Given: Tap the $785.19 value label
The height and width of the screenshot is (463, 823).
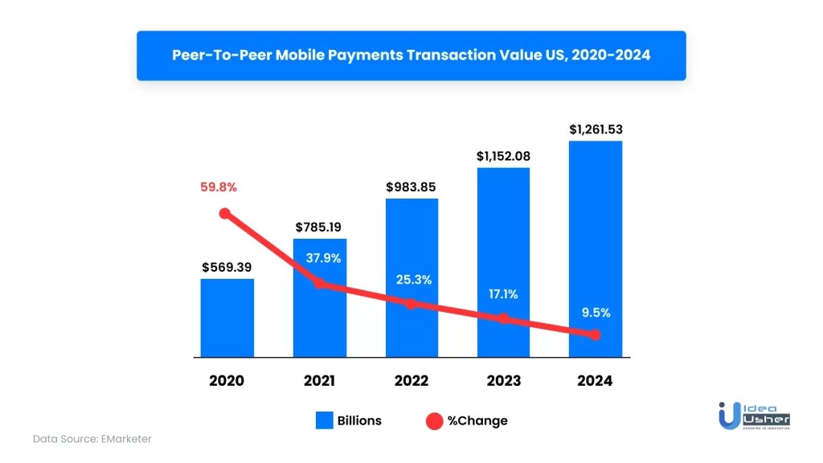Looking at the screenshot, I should coord(320,227).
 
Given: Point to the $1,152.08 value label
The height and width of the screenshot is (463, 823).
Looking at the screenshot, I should coord(503,156).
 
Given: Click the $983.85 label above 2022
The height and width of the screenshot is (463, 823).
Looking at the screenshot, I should coord(411,187).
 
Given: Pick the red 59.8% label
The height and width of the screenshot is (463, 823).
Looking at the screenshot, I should coord(219,187).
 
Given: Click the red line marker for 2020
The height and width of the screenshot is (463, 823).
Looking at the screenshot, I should coord(225,214).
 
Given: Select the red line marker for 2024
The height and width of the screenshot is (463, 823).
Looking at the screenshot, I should coord(595,334).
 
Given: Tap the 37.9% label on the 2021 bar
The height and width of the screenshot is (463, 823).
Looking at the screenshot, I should coord(320,258).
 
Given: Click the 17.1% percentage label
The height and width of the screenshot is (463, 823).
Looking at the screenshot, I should coord(503,294).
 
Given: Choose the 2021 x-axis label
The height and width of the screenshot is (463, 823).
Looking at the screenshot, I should coord(319,381).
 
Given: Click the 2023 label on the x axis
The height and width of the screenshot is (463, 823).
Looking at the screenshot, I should coord(503,381).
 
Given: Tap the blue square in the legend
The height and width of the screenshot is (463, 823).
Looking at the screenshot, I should coord(324,420).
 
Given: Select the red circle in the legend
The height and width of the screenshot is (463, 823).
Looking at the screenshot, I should coord(434,420).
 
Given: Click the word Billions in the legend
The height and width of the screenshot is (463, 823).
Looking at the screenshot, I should coord(359,420).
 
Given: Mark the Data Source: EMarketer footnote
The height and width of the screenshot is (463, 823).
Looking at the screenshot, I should coord(92,439).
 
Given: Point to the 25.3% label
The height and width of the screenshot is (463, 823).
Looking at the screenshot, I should coord(411,280).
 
